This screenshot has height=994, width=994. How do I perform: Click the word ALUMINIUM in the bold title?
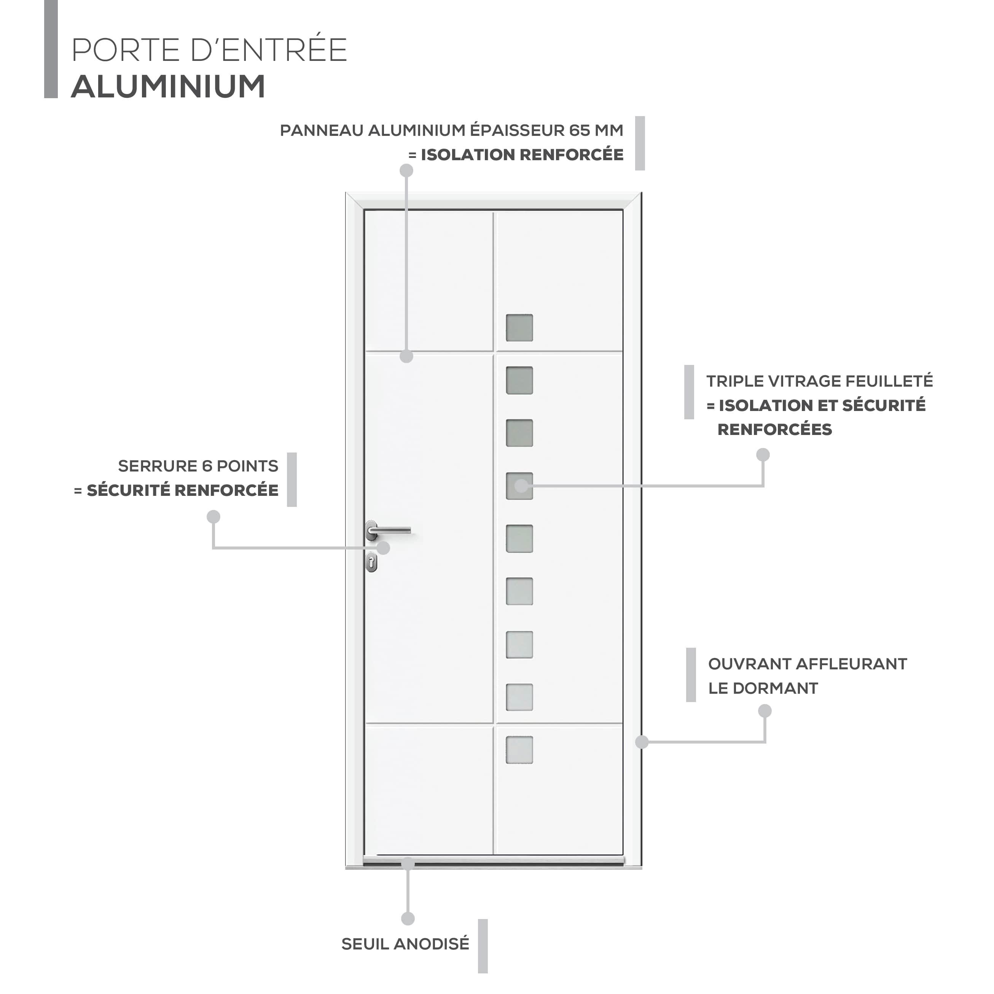[x=168, y=86]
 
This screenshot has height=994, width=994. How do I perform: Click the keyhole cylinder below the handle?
[x=372, y=562]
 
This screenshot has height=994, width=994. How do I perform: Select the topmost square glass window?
[x=519, y=328]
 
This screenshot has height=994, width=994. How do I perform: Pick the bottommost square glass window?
[x=519, y=750]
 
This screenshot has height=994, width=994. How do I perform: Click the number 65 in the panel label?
[x=579, y=131]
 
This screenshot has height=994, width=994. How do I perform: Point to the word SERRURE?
[x=158, y=466]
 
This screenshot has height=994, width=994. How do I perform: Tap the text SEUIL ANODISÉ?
[x=405, y=944]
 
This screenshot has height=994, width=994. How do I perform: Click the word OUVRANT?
[x=749, y=664]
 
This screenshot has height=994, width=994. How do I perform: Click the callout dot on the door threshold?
[x=408, y=863]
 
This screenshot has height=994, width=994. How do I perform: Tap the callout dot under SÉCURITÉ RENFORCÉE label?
[x=213, y=516]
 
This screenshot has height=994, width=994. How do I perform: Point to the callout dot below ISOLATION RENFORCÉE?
[x=406, y=170]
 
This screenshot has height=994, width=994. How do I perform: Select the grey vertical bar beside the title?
[x=51, y=49]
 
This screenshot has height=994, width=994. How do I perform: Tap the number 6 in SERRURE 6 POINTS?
[x=207, y=466]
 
